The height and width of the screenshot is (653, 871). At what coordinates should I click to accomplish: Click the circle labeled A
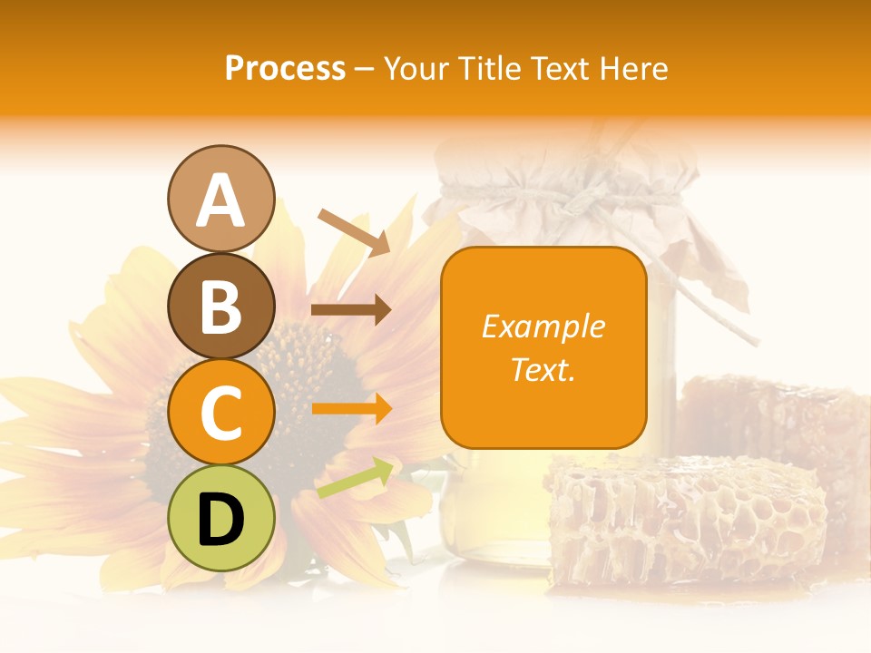coord(220,199)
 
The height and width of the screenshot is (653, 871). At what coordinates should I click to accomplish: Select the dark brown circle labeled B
coord(220,306)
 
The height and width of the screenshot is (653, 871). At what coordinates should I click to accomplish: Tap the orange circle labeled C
coord(220,412)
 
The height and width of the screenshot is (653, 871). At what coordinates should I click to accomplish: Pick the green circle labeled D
coord(220,518)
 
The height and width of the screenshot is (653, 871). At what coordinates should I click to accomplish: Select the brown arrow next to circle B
coord(351,310)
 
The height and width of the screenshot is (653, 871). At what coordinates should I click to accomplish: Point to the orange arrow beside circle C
coord(351,409)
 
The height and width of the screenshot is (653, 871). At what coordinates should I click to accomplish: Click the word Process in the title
coord(285,69)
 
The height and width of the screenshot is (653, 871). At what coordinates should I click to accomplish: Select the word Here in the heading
coord(633,69)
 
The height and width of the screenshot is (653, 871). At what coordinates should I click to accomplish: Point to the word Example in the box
coord(543,326)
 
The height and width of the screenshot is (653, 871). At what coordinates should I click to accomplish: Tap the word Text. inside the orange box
coord(543,369)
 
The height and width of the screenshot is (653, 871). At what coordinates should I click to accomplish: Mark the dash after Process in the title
coord(365,69)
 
